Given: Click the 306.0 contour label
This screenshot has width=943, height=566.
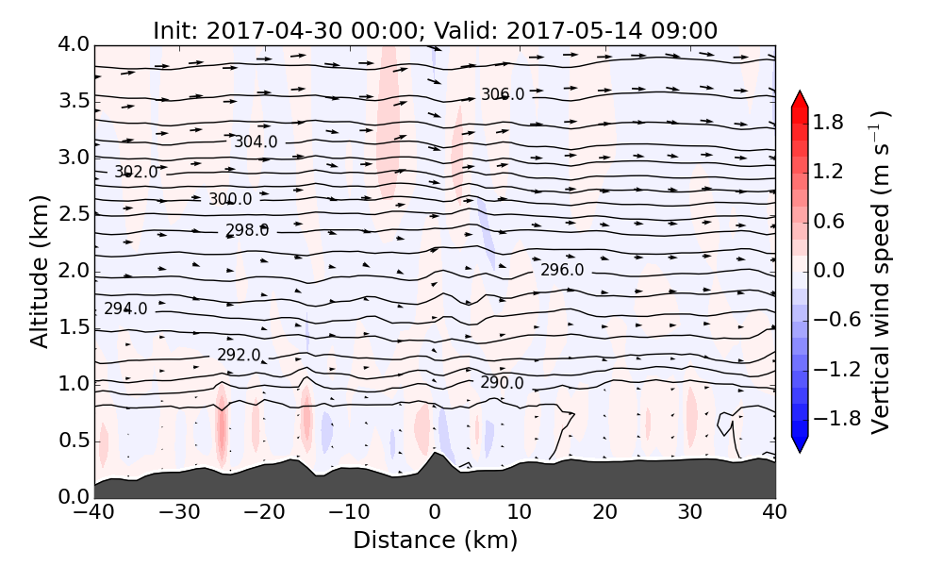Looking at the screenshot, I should click(x=503, y=94).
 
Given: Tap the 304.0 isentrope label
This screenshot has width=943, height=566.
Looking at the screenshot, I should click(x=256, y=142).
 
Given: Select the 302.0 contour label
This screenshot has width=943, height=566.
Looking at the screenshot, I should click(x=136, y=173).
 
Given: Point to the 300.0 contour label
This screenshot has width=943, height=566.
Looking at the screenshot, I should click(x=230, y=199).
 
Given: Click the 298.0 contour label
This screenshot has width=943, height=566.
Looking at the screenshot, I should click(x=247, y=230).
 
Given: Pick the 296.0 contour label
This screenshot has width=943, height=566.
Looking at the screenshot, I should click(x=562, y=271).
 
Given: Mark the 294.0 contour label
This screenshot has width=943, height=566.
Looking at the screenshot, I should click(x=125, y=308).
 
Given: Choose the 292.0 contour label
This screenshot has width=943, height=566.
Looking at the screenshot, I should click(x=239, y=355).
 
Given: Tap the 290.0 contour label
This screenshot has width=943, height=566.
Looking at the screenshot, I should click(x=502, y=383).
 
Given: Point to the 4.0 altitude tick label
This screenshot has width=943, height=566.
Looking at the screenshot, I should click(x=73, y=44).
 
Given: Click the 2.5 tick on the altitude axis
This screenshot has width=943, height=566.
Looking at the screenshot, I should click(x=73, y=214).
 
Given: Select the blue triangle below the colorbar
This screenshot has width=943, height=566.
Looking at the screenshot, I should click(x=800, y=443).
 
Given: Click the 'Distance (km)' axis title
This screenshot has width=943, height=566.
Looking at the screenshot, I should click(x=435, y=541).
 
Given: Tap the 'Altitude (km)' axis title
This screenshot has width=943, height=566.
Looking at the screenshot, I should click(x=39, y=271).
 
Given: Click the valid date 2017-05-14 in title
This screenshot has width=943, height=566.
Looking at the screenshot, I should click(x=560, y=30).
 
